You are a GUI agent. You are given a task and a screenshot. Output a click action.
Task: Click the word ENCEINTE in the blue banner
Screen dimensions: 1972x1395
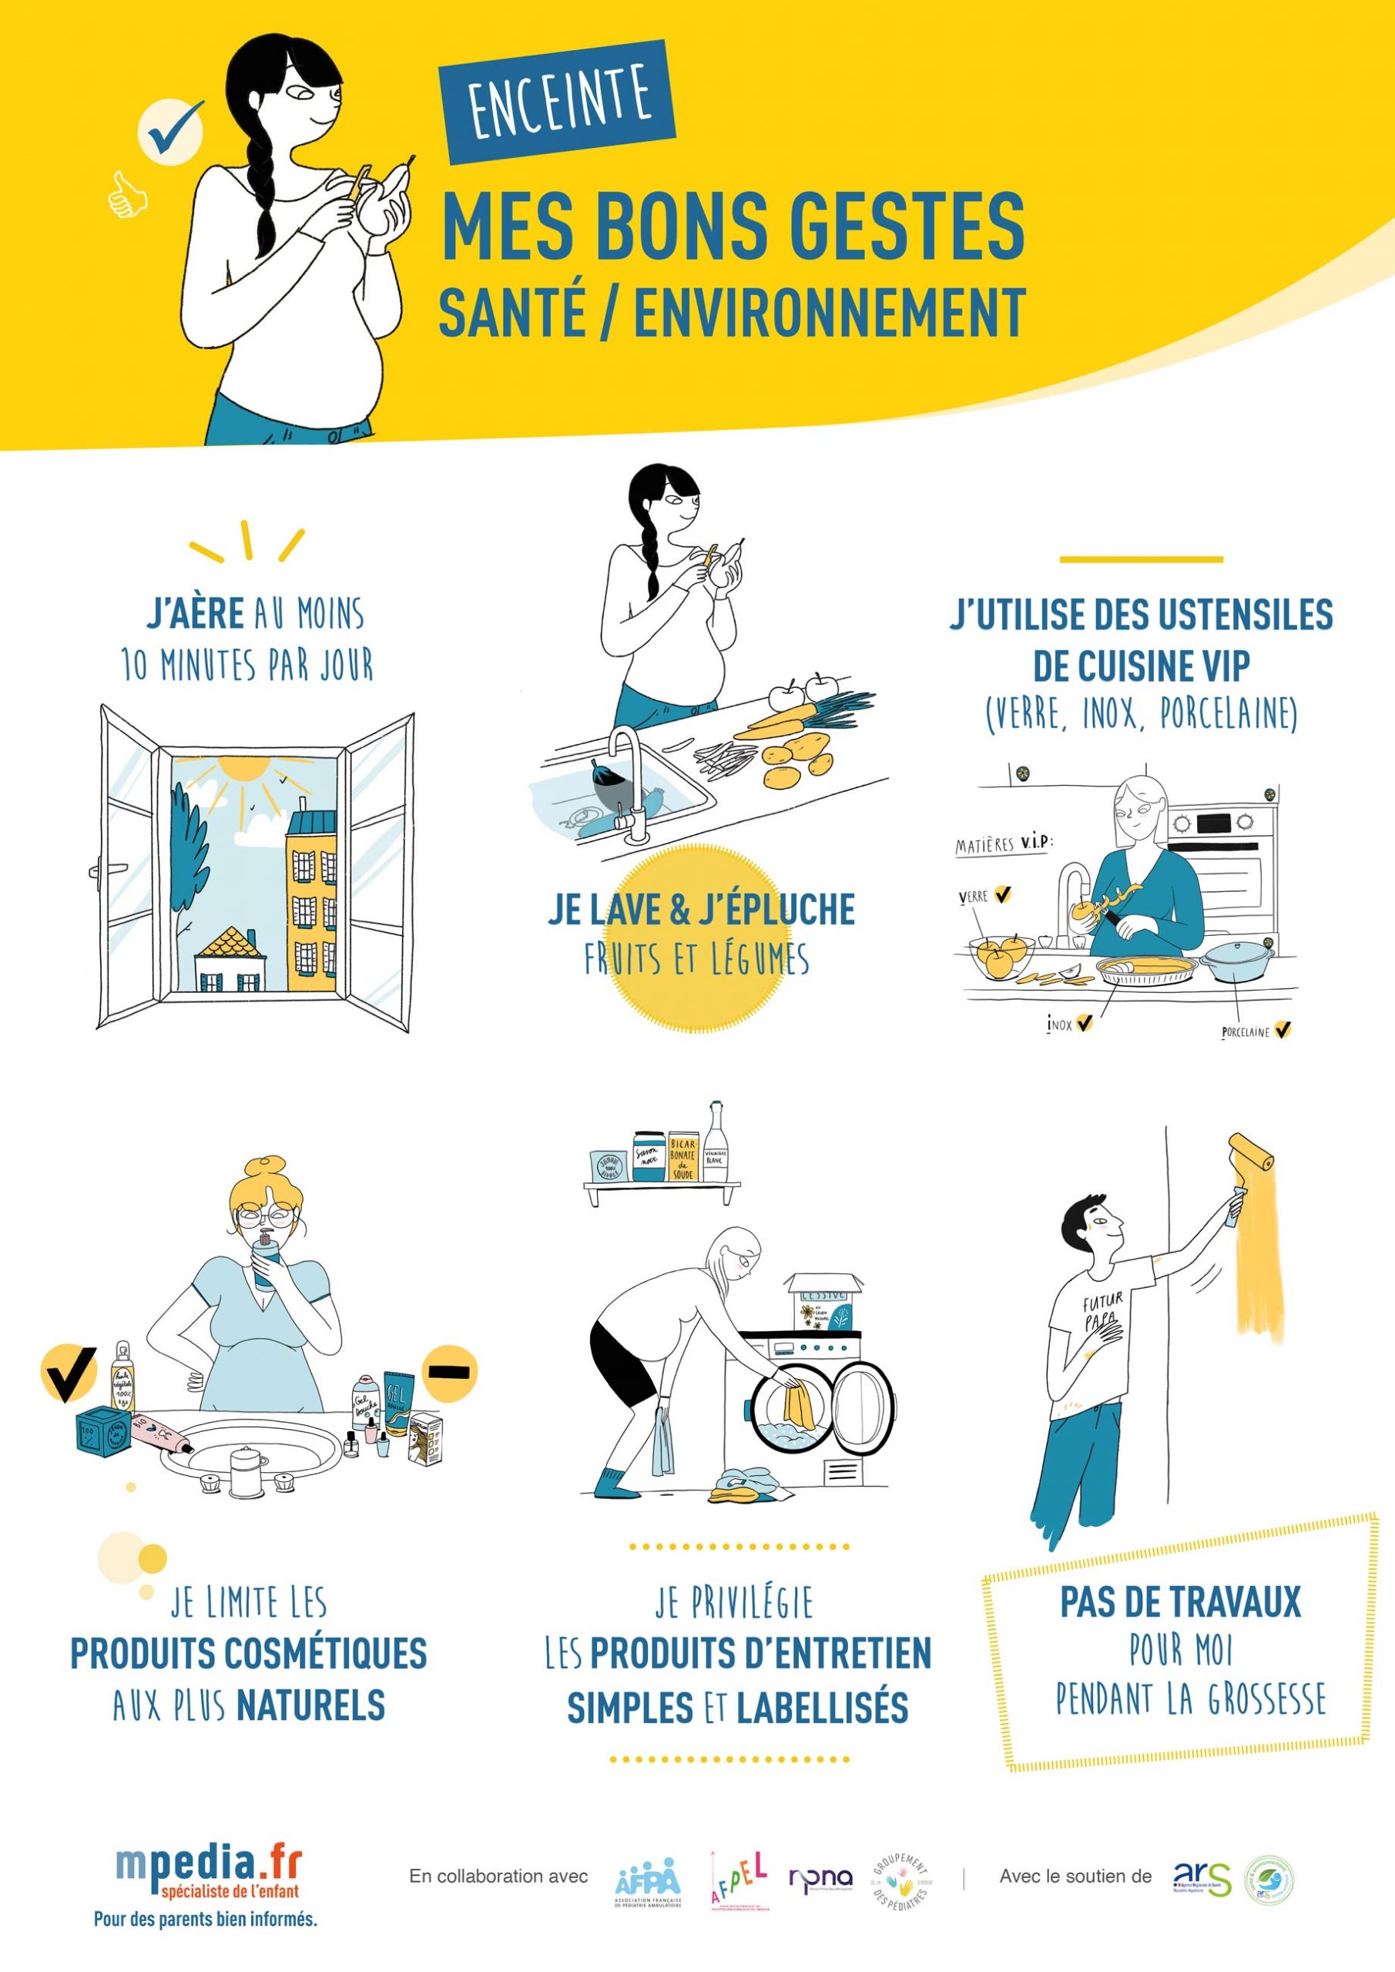pyautogui.click(x=559, y=102)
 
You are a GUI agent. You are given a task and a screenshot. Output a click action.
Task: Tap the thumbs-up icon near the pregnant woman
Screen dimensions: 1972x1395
pyautogui.click(x=127, y=196)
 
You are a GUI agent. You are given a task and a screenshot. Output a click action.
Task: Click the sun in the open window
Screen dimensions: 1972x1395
pyautogui.click(x=244, y=769)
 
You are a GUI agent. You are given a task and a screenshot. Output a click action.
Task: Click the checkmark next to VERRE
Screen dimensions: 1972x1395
pyautogui.click(x=1002, y=895)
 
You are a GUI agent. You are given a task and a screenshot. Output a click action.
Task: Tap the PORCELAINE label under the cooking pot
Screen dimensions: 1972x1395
pyautogui.click(x=1245, y=1032)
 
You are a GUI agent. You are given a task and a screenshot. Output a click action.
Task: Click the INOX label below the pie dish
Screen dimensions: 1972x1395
pyautogui.click(x=1059, y=1025)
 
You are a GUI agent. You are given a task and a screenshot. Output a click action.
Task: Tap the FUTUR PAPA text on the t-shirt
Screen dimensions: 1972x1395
pyautogui.click(x=1102, y=1312)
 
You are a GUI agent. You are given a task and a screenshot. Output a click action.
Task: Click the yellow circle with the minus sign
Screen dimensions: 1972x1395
pyautogui.click(x=449, y=1372)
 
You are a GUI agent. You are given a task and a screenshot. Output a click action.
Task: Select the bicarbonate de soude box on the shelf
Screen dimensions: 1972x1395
pyautogui.click(x=683, y=1157)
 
